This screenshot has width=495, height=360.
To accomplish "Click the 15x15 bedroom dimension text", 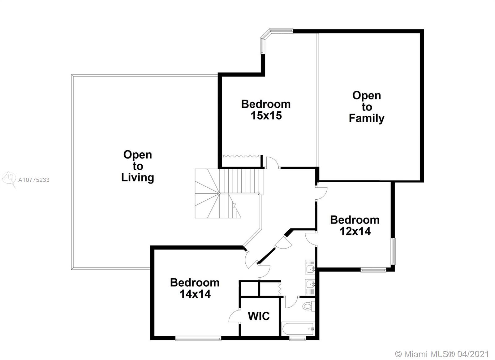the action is (x=266, y=115).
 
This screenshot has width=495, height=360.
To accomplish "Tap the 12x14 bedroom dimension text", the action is (x=355, y=231).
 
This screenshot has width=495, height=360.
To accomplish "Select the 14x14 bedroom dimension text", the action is (x=195, y=294).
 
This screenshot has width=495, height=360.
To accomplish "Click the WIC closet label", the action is (x=259, y=316).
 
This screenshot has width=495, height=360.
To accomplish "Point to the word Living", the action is (x=137, y=178).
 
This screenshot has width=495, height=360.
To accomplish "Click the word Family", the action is (x=367, y=118).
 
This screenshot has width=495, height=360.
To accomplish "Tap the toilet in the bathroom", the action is (x=309, y=306).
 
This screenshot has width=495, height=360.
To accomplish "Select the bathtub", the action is (x=298, y=329).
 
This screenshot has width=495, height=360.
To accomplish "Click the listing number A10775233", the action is (x=34, y=180).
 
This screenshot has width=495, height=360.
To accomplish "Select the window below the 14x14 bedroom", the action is (x=198, y=338).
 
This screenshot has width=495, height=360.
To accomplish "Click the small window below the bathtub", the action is (x=297, y=338).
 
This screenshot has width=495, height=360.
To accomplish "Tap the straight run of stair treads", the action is (x=241, y=181).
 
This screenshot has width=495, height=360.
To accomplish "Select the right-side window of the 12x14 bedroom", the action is (x=393, y=251).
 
